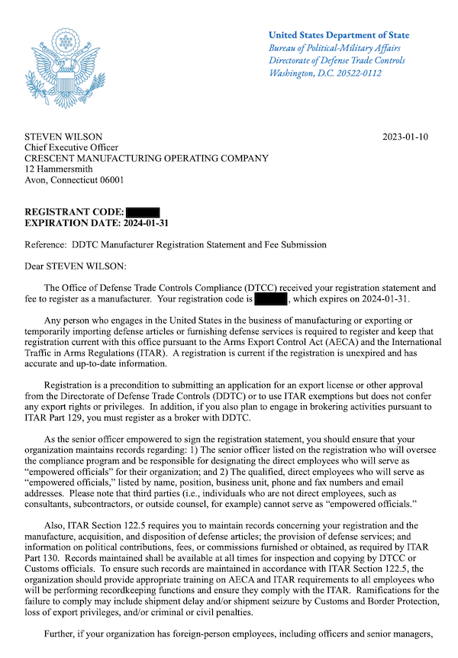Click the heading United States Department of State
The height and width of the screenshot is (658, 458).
pos(338,35)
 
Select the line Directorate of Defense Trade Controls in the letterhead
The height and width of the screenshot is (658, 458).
pos(337,60)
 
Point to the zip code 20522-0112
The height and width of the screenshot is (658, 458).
pos(357,73)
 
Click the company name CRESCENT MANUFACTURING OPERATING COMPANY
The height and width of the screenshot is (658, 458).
pos(147,159)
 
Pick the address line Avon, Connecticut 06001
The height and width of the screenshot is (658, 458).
pos(74,180)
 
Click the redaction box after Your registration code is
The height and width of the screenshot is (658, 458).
pos(270,300)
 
